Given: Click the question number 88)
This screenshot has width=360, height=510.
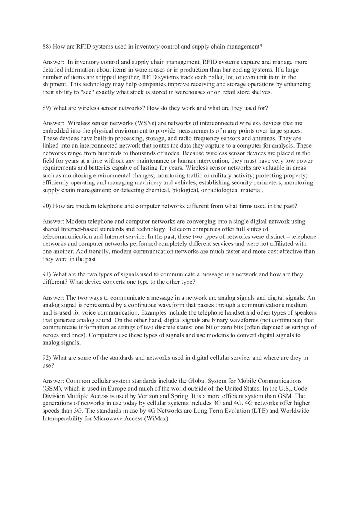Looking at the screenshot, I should pos(47,47).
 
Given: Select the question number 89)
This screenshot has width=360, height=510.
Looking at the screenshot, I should pos(47,108).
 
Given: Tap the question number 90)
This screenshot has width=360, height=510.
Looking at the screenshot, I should pos(47,206).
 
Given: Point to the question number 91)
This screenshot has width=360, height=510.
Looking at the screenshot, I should pos(47,274).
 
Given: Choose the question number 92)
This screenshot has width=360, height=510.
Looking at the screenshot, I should pos(47,358).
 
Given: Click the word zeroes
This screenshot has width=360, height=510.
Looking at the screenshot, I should pos(52,335).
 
